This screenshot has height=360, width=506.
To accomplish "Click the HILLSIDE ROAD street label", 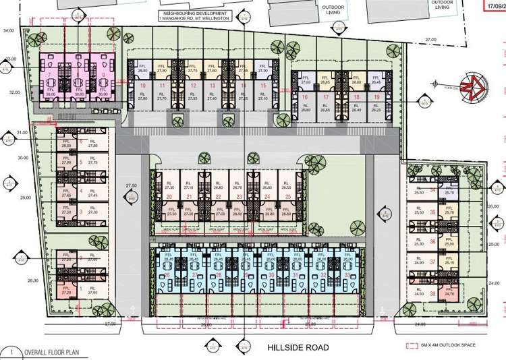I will (298, 348).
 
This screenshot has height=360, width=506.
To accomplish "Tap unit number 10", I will (142, 86).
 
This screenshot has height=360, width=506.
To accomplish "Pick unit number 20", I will (169, 197).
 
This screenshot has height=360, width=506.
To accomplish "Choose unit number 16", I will (306, 97).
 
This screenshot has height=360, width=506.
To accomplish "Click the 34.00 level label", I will (9, 31).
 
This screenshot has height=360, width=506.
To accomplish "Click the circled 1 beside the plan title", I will (10, 352).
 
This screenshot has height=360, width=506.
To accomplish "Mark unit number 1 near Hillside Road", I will (81, 288).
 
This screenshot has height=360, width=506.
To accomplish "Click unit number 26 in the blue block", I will (167, 275).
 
